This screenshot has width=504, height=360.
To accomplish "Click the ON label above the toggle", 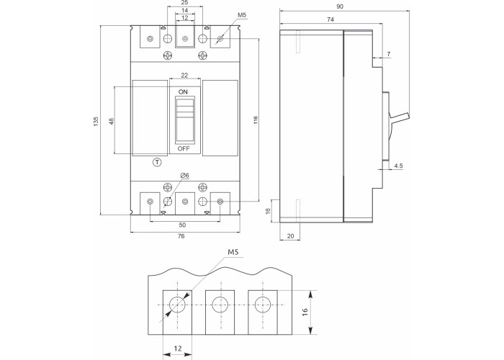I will pos(183,93).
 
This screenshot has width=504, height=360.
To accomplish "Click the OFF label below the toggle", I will pos(184,148).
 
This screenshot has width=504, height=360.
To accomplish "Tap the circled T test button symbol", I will pos(157,162).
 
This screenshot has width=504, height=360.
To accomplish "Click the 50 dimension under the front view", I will pos(184,225).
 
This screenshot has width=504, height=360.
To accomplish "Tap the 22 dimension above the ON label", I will pos(184,76).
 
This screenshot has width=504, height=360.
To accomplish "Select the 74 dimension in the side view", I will pos(329,19).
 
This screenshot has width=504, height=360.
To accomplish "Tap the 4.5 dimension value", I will pos(397,167).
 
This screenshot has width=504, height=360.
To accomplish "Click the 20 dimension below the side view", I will pos(289,235).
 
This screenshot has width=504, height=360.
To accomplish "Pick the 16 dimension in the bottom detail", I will pos(305,312).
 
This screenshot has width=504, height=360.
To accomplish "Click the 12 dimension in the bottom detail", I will pos(176,348).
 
